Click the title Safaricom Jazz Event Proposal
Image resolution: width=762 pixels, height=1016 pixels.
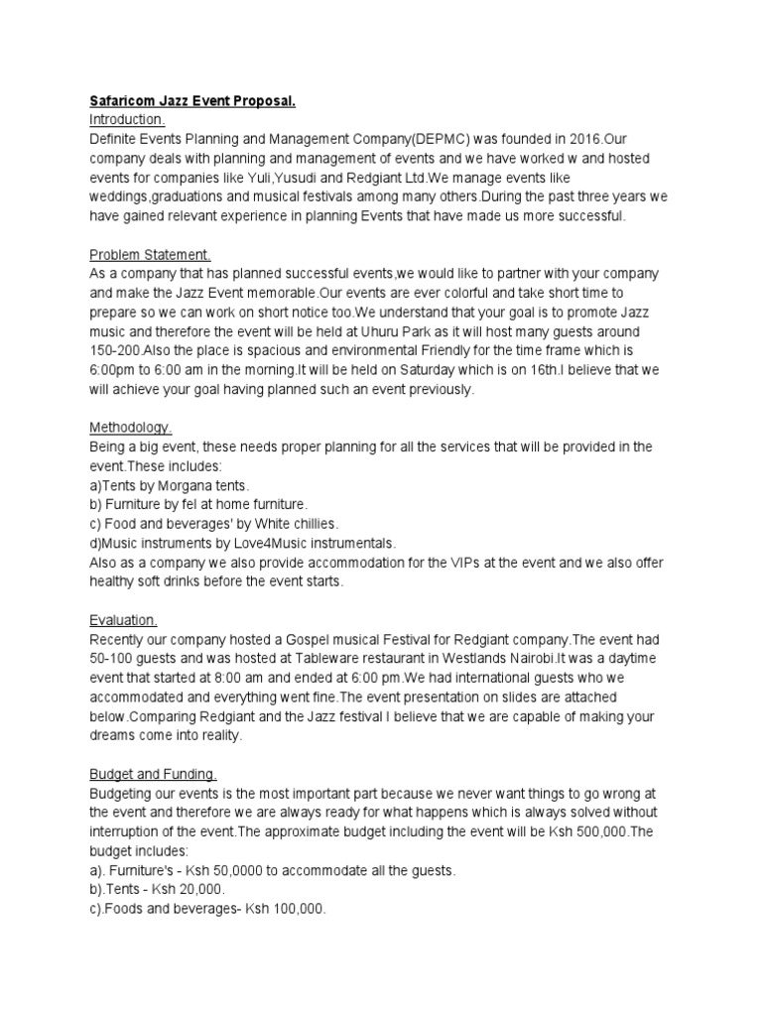192,101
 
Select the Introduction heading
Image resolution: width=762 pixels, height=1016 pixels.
127,119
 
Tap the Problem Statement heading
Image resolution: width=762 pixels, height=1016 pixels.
150,254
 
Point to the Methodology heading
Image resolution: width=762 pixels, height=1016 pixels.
130,429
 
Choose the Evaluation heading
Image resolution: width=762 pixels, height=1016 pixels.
123,620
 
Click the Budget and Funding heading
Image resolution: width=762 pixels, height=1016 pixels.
153,774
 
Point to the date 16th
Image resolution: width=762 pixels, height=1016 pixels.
562,370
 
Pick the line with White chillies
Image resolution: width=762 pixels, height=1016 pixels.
213,524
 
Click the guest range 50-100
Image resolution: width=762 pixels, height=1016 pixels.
114,659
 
